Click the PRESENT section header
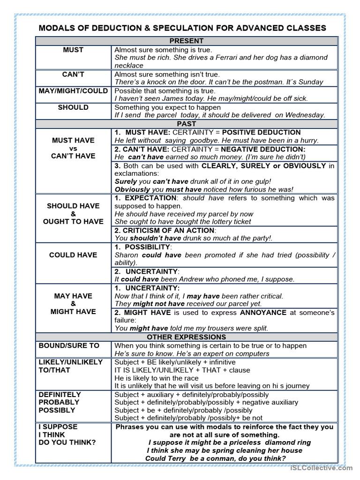point(186,41)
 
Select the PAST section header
point(186,124)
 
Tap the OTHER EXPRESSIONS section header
point(186,337)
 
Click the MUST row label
point(73,50)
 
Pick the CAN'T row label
point(73,75)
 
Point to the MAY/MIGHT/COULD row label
point(73,90)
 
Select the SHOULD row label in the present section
point(73,107)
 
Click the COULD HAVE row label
point(73,255)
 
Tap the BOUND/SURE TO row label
point(69,345)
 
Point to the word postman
point(269,82)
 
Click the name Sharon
point(127,255)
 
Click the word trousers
point(233,328)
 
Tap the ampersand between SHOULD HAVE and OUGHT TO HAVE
point(73,214)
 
